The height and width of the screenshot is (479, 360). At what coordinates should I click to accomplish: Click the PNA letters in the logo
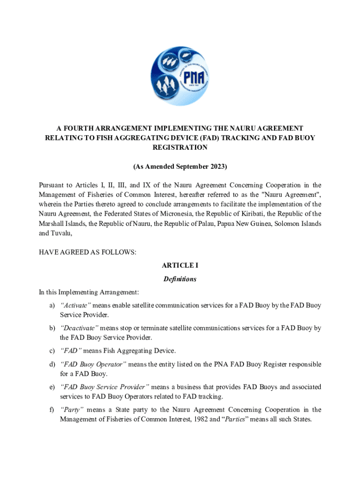tap(194, 77)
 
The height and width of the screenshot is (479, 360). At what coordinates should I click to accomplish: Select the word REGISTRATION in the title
tap(180, 147)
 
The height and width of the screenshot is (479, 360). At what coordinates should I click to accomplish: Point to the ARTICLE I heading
tap(180, 266)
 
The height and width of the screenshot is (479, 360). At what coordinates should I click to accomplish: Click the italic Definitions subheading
tap(180, 279)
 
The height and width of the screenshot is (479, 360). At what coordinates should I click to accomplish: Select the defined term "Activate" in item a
tap(75, 305)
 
